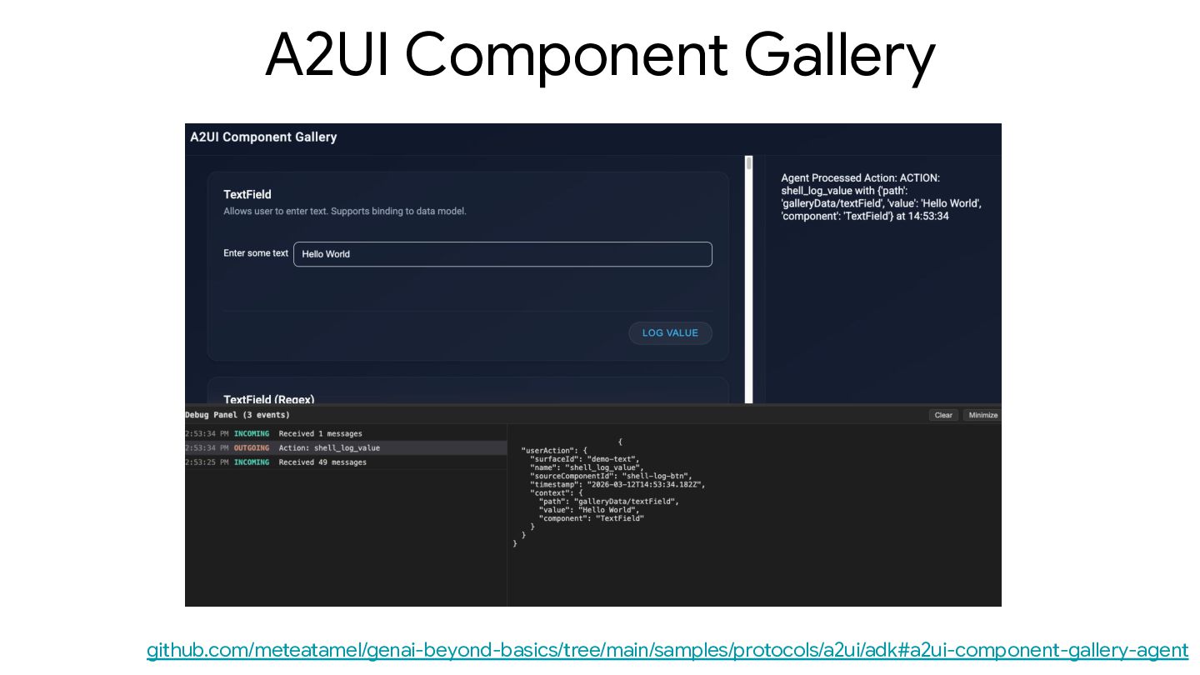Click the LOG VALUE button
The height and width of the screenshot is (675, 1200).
(x=670, y=333)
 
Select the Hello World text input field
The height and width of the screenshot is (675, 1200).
(x=502, y=254)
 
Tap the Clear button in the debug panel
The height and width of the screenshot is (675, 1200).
(x=943, y=415)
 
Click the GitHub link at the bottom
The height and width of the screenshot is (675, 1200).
(x=667, y=650)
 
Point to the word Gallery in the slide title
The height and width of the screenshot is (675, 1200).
(x=839, y=55)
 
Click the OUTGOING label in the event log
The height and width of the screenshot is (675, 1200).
(x=252, y=448)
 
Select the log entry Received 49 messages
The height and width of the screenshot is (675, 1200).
(x=322, y=462)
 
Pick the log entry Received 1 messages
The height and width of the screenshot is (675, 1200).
(x=321, y=434)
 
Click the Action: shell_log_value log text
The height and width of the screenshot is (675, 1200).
(x=329, y=448)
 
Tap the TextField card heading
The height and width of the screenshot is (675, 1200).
(x=247, y=194)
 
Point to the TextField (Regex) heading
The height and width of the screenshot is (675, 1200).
(x=269, y=399)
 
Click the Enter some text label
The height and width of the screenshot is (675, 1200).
(x=256, y=253)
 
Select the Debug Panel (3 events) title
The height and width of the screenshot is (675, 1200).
(x=237, y=415)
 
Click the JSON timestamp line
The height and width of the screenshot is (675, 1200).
(x=617, y=484)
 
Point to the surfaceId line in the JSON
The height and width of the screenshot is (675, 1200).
(x=582, y=459)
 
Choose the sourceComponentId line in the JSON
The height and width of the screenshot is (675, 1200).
(x=610, y=476)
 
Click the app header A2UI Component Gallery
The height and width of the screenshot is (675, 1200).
(x=263, y=137)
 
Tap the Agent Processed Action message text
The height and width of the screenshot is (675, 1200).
(x=881, y=197)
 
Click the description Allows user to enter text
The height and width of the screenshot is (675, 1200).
(x=344, y=212)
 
